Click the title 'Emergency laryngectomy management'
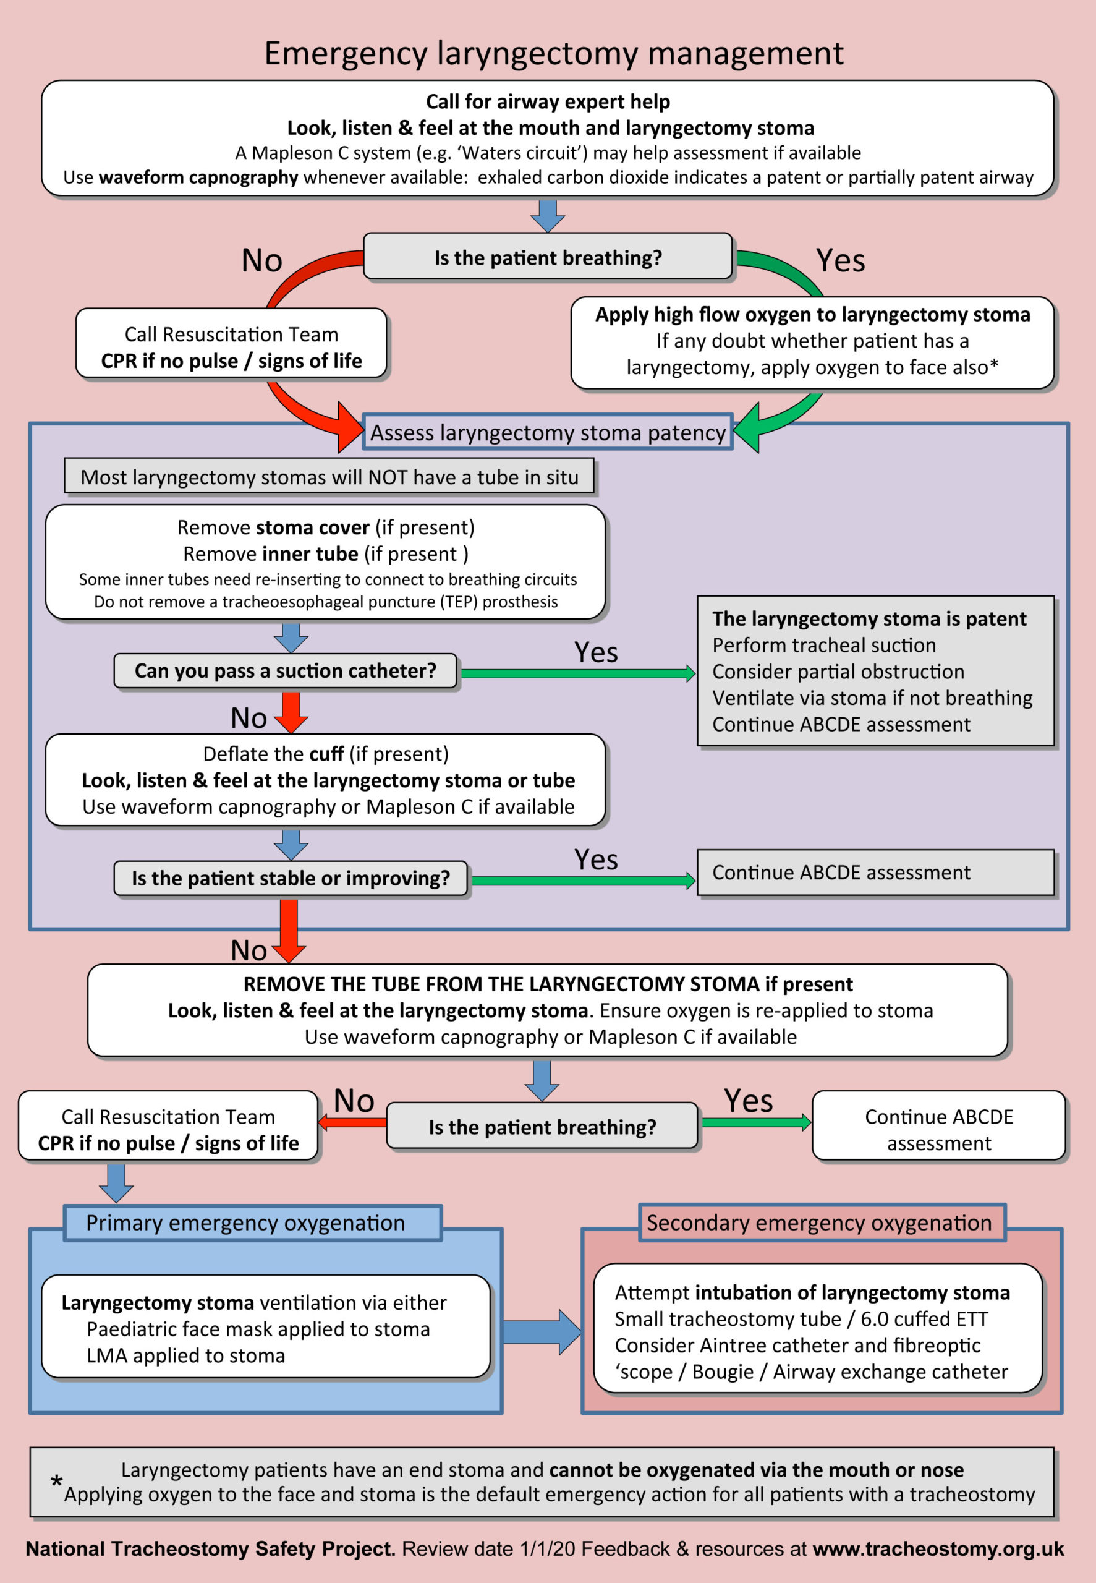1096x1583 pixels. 553,54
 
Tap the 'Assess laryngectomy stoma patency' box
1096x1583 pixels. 547,433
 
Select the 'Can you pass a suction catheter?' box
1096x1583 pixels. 285,671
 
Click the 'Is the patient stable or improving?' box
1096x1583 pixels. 291,878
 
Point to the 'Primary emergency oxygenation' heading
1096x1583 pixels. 245,1223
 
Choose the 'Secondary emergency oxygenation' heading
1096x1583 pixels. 818,1223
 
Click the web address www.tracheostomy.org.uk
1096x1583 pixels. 937,1548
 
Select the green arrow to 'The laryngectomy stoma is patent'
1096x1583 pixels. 577,674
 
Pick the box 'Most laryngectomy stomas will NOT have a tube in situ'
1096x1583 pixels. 329,477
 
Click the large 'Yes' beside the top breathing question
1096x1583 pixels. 840,261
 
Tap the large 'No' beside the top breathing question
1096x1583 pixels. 261,261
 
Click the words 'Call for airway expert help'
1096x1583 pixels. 547,101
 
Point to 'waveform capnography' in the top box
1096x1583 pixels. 198,178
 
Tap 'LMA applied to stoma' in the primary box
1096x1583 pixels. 185,1355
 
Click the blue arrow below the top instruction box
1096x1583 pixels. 547,215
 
